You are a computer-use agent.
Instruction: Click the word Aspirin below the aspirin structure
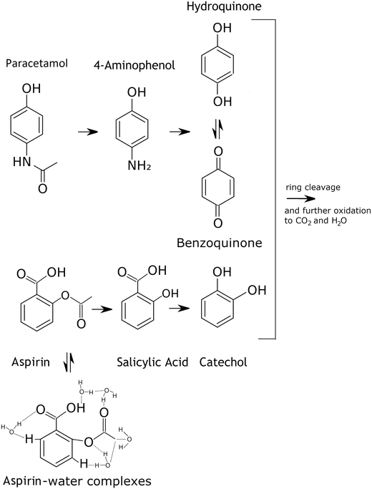[x=21, y=362]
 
